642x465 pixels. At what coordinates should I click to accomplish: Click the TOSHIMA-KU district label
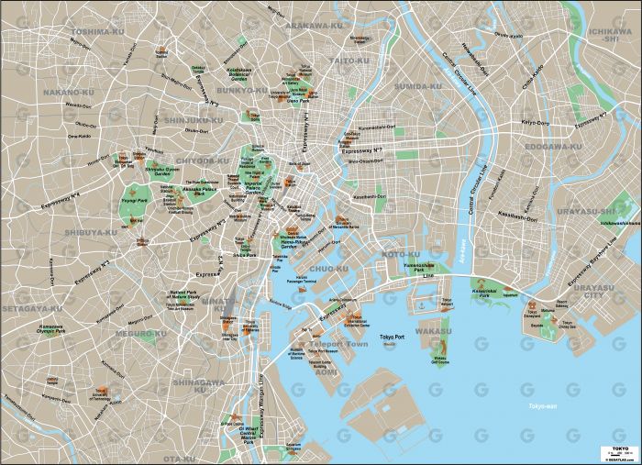click(97, 31)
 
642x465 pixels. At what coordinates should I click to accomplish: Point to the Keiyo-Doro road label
click(535, 121)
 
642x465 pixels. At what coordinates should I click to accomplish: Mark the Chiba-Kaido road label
click(534, 83)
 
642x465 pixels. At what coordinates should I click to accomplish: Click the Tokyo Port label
click(392, 334)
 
